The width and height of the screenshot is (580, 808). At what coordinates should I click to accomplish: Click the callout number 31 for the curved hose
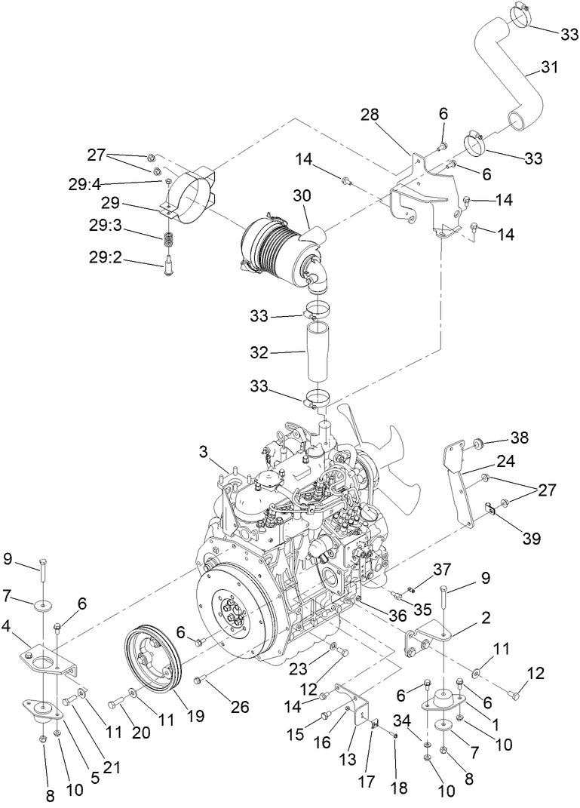(x=549, y=68)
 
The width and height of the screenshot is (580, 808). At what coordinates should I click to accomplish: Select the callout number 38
(x=519, y=438)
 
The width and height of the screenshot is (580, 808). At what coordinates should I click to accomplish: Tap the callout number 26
(x=240, y=707)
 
